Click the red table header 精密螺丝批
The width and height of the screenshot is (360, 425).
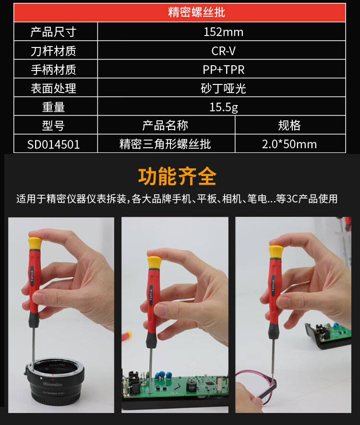pyautogui.click(x=196, y=12)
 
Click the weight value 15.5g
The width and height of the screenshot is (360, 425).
pyautogui.click(x=223, y=107)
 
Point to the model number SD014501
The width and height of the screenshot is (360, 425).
pyautogui.click(x=53, y=144)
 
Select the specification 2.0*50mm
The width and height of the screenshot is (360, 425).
pyautogui.click(x=289, y=144)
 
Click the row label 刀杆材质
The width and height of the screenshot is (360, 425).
pyautogui.click(x=53, y=51)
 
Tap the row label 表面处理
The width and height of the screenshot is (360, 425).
pyautogui.click(x=53, y=88)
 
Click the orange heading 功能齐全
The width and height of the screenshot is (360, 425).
pyautogui.click(x=177, y=177)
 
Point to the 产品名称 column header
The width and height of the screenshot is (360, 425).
pyautogui.click(x=165, y=126)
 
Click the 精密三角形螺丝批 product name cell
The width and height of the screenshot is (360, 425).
pyautogui.click(x=165, y=144)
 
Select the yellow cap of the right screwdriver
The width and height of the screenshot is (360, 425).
pyautogui.click(x=276, y=252)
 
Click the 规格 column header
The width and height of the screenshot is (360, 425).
pyautogui.click(x=289, y=126)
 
